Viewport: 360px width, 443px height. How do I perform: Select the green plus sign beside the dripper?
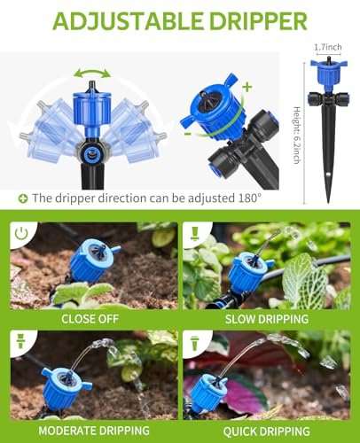pos(247,86)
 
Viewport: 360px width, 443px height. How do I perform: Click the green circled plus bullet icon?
pos(22,198)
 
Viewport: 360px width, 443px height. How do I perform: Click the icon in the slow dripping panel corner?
pos(196,234)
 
